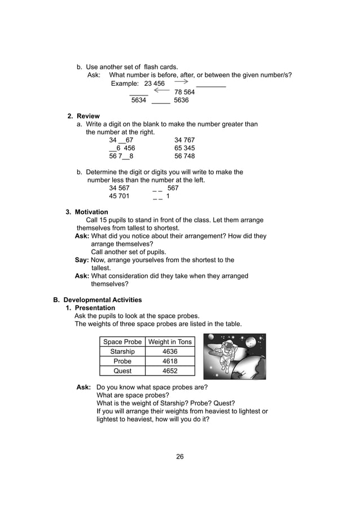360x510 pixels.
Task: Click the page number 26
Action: [x=179, y=456]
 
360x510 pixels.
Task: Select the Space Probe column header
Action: [x=122, y=342]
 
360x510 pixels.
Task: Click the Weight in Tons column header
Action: [x=170, y=342]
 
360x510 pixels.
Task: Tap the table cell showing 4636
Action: [x=170, y=352]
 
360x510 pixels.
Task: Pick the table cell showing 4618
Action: [x=170, y=361]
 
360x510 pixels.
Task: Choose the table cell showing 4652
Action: [x=170, y=371]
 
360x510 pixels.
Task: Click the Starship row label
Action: [x=122, y=352]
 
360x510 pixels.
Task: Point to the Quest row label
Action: [x=122, y=371]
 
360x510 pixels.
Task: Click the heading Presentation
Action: [x=95, y=308]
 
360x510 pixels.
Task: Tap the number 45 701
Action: [x=119, y=197]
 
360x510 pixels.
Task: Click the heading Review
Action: [x=88, y=116]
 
